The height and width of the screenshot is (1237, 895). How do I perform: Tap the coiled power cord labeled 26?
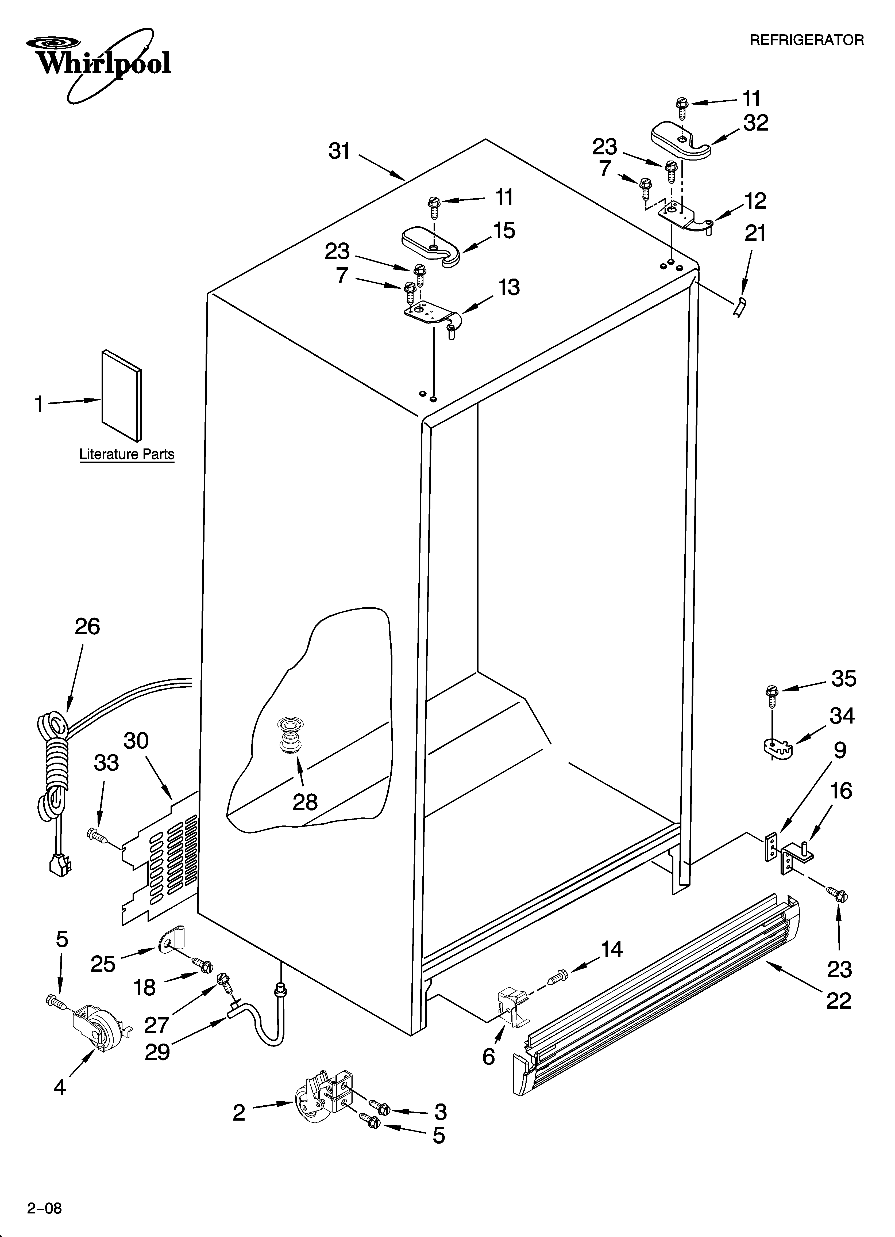[x=55, y=764]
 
